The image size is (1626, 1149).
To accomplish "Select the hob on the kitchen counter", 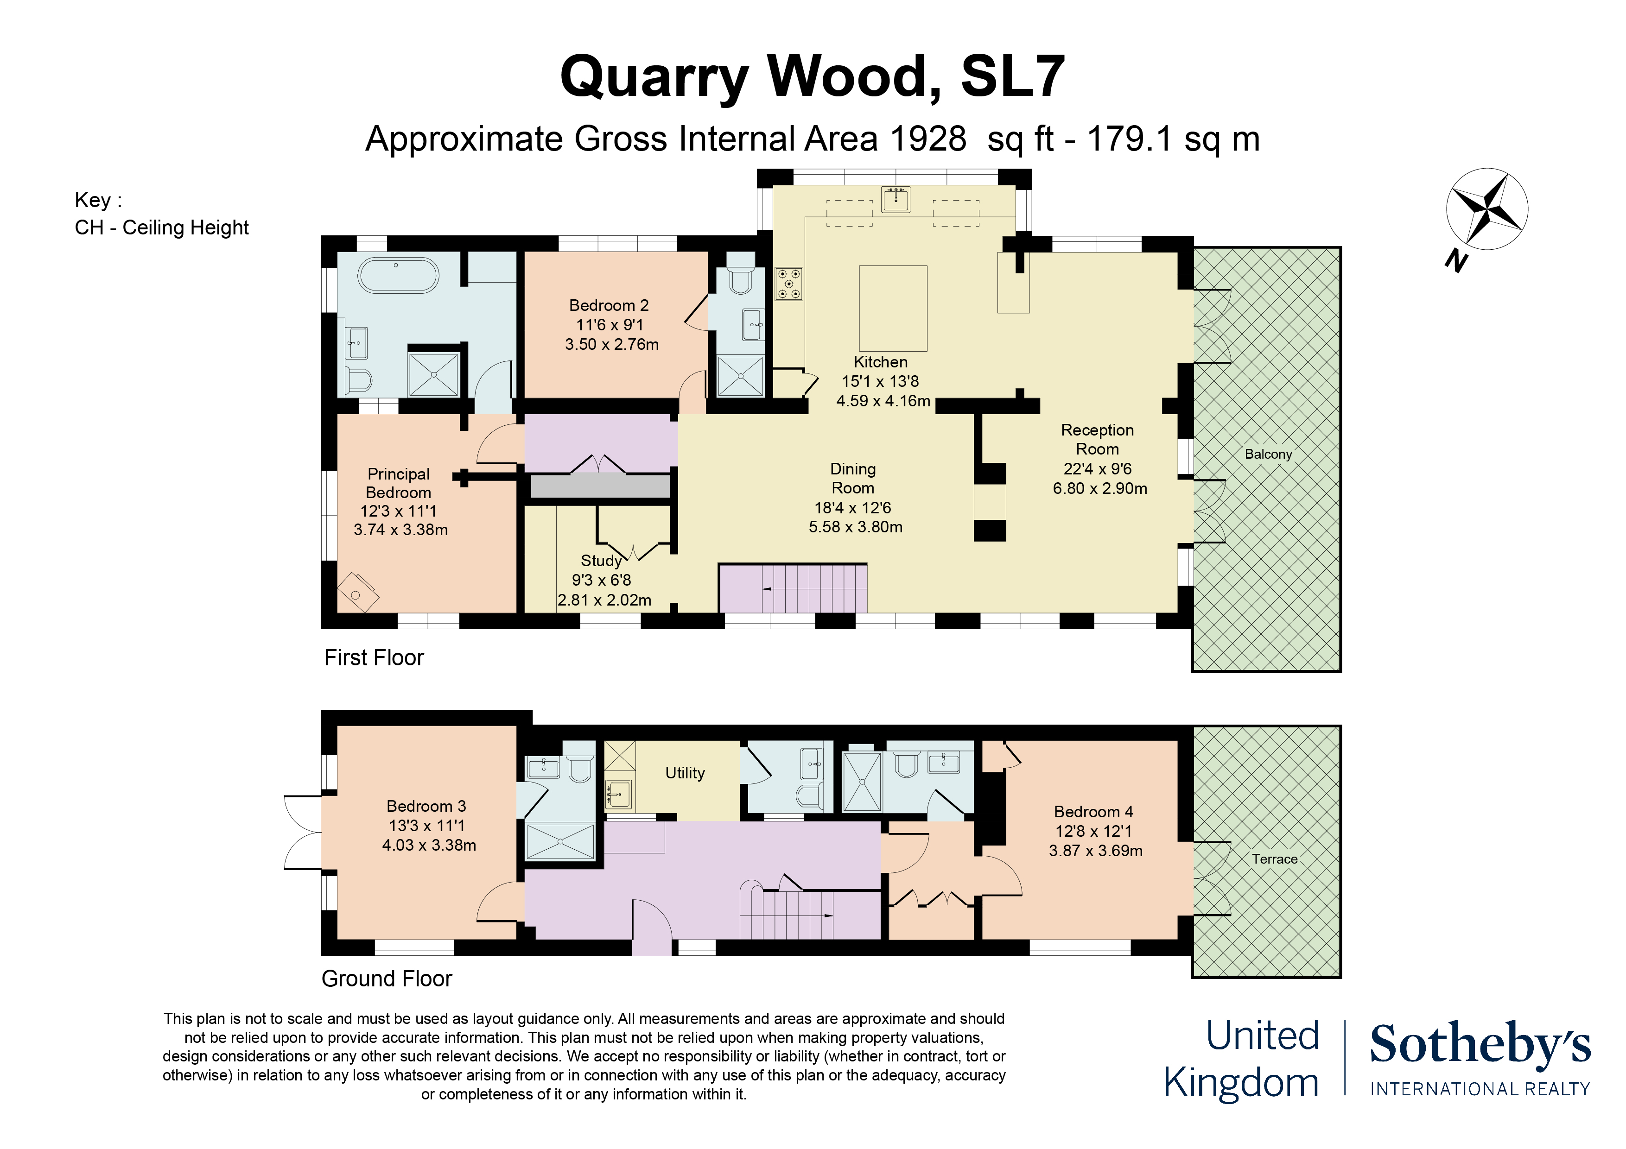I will point(788,284).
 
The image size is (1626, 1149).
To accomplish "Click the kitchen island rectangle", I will point(892,308).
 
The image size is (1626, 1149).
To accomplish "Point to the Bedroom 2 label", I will point(608,306).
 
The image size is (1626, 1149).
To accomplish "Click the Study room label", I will point(601,561).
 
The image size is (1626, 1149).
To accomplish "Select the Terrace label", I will point(1274,859).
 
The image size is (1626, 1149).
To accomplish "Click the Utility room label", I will point(684,773).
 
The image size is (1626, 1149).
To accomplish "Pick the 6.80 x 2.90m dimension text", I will point(1099,488).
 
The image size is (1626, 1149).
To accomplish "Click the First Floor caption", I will point(373,658).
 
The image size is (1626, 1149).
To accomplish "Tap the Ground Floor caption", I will point(386,979).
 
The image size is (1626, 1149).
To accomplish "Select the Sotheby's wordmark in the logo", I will point(1480,1044).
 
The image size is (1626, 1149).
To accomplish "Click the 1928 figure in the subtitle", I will point(928,139).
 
